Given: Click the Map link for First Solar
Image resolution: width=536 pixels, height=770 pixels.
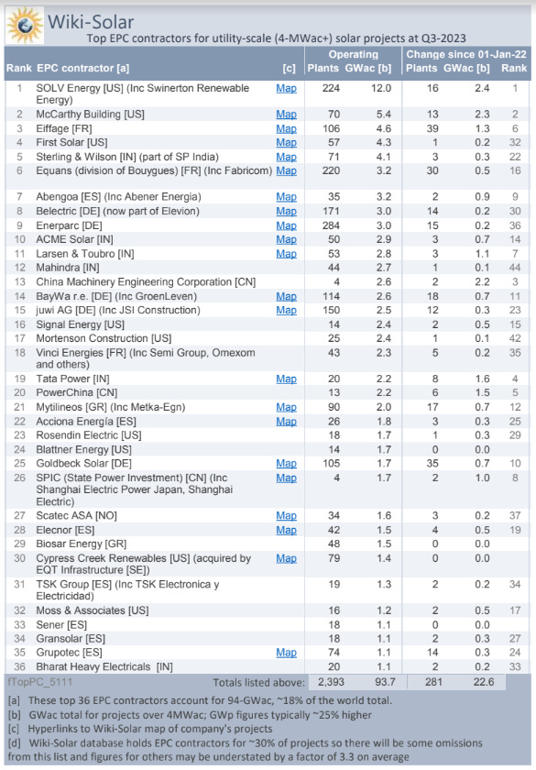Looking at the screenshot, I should [x=286, y=142].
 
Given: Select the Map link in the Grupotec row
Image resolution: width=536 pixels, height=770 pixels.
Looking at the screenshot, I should [x=286, y=652].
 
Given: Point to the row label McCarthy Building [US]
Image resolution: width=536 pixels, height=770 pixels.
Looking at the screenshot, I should [x=90, y=115].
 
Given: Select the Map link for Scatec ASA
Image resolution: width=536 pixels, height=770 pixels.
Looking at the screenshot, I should [x=286, y=516].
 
